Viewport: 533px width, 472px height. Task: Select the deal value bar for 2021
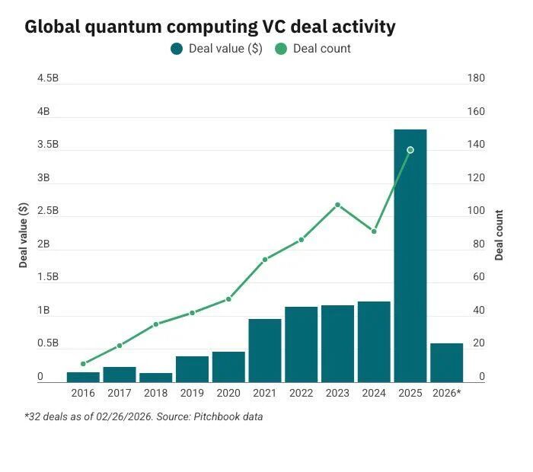click(x=265, y=350)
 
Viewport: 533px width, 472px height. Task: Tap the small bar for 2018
click(x=156, y=377)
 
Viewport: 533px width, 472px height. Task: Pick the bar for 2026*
click(x=446, y=362)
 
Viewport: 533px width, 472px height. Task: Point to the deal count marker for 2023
click(x=337, y=205)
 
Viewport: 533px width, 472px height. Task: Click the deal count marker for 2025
click(x=410, y=150)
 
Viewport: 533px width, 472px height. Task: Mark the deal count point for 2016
click(x=83, y=364)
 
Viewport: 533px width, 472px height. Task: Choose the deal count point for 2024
click(x=374, y=231)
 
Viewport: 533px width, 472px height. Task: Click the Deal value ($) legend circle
click(x=177, y=49)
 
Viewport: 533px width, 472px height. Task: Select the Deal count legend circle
click(x=282, y=49)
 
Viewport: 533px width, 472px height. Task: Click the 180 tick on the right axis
click(x=476, y=78)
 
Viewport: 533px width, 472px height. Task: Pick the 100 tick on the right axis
click(x=476, y=211)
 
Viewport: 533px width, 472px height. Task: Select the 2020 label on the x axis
click(x=228, y=393)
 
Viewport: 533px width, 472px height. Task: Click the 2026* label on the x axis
click(x=446, y=393)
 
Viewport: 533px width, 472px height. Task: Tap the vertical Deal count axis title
click(x=499, y=235)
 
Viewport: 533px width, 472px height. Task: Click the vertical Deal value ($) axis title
click(x=24, y=235)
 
